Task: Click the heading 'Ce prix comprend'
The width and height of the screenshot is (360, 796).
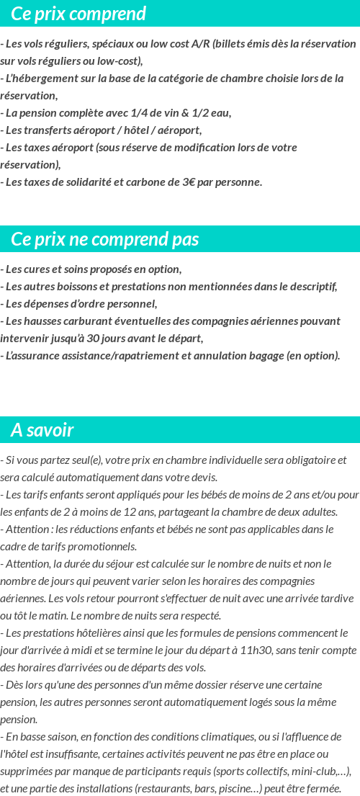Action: coord(78,14)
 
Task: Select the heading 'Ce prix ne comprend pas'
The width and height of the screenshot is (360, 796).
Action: coord(105,239)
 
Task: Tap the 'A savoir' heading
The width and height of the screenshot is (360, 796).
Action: coord(42,430)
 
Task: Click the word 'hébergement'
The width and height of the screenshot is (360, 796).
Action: coord(47,79)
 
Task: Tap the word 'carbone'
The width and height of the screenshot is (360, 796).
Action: coord(148,182)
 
